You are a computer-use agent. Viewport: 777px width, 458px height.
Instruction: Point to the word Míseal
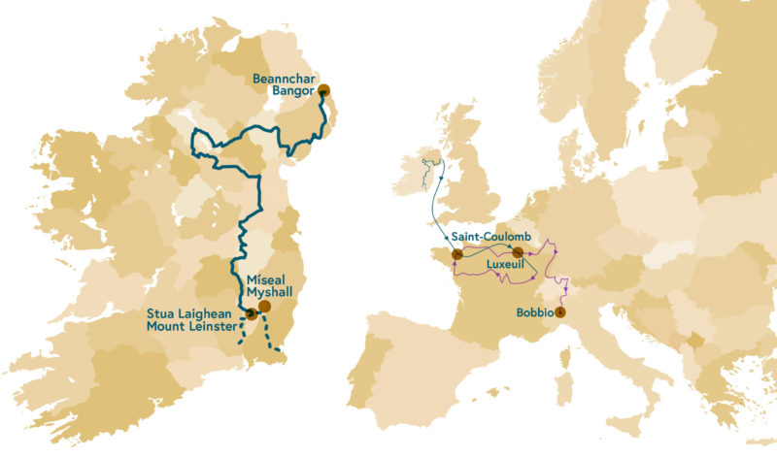tap(257, 278)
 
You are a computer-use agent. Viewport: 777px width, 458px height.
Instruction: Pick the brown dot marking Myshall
tap(263, 306)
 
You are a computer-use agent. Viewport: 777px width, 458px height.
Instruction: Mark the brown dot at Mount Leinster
tap(251, 313)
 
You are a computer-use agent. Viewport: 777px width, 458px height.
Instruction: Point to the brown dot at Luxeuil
tap(518, 253)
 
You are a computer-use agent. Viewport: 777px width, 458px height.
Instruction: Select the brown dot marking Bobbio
tap(559, 312)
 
